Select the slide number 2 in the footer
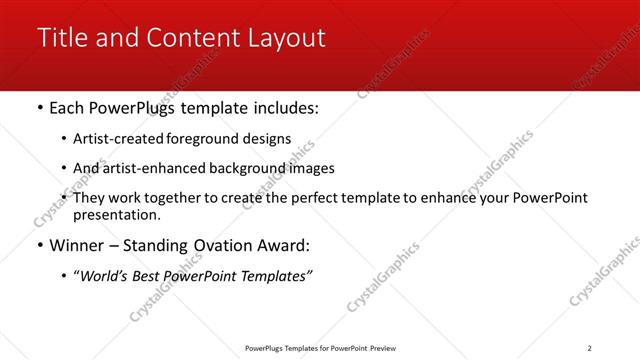click(x=589, y=347)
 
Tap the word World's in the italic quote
click(x=105, y=276)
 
